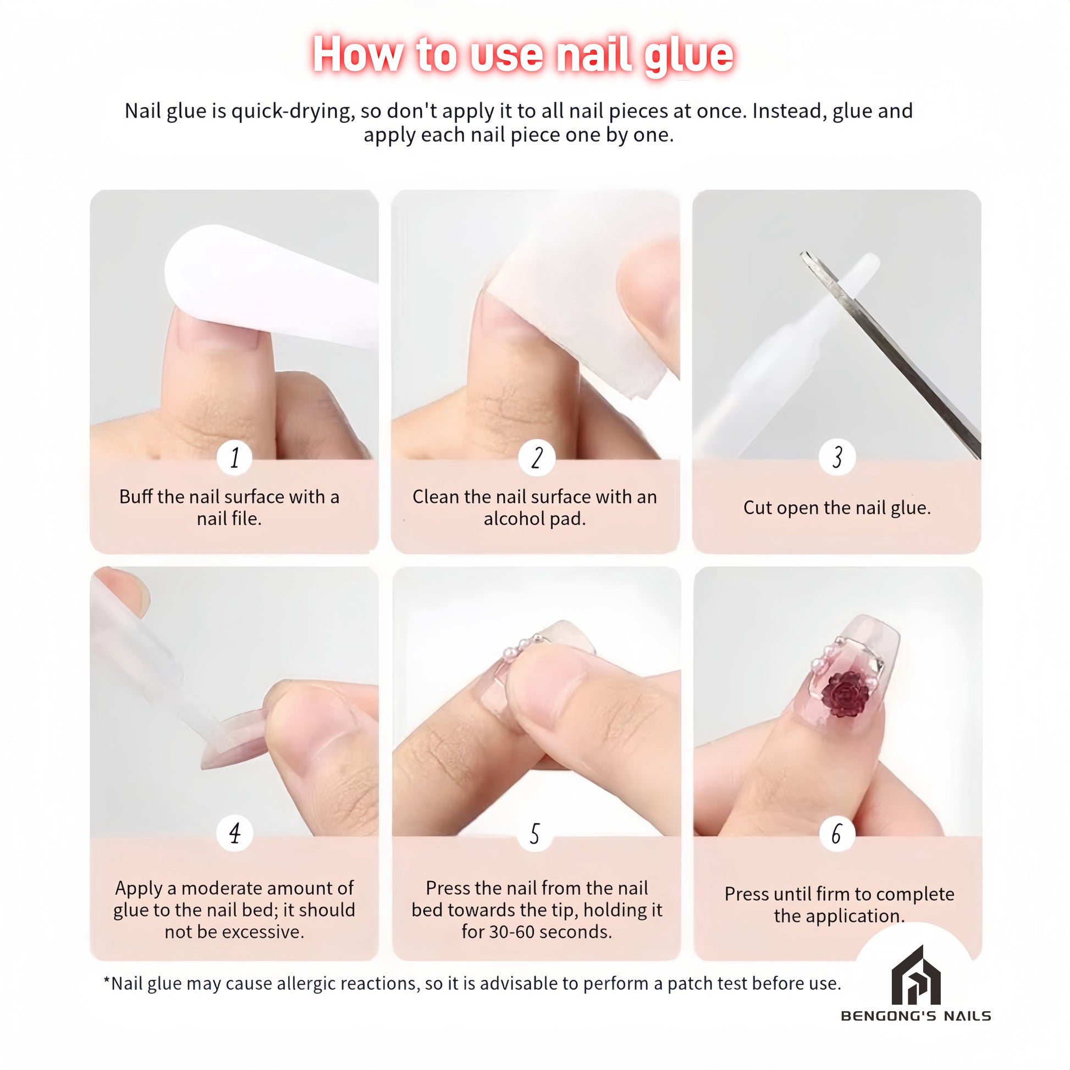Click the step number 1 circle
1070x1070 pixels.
coord(234,457)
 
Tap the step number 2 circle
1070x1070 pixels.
coord(536,457)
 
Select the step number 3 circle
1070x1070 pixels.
coord(837,457)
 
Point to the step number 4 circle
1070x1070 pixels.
coord(234,833)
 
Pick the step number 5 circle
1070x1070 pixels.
coord(535,833)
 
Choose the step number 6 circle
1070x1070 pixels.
coord(837,833)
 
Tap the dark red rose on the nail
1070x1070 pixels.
coord(846,693)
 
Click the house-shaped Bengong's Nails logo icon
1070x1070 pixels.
coord(916,975)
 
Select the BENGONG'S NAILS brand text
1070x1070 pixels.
coord(916,1016)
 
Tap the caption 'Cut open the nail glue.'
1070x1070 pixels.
coord(837,508)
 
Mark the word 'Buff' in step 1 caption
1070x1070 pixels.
coord(136,497)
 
